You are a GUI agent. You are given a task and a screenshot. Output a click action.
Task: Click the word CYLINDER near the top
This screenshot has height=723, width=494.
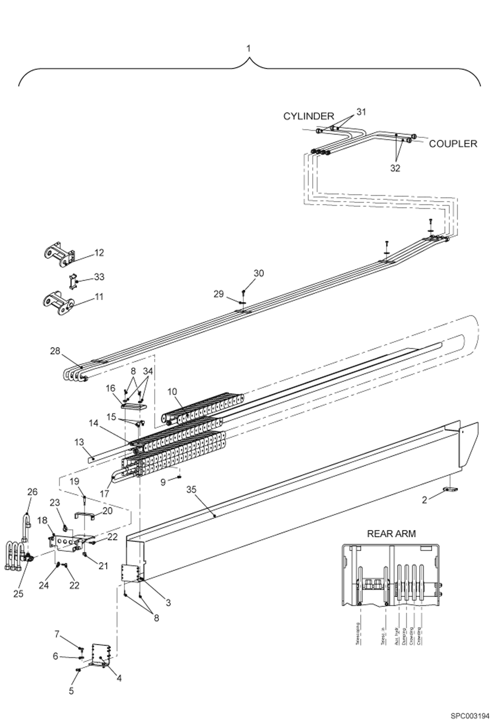coord(309,116)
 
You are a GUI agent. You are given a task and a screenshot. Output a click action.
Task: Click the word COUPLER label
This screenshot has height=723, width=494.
coord(453,144)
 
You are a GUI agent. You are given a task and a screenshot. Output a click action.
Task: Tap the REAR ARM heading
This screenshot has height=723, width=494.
coord(391,533)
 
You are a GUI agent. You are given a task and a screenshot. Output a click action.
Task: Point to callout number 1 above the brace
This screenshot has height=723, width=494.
coord(249,48)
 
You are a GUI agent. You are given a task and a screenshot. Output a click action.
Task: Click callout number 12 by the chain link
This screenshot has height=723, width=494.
coord(99,253)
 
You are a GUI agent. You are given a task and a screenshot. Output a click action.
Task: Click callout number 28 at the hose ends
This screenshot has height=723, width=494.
coord(55,351)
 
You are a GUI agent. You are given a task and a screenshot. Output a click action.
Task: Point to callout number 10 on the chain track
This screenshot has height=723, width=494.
coord(172,391)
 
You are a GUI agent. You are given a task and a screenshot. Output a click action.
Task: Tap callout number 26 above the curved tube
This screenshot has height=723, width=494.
coord(32,492)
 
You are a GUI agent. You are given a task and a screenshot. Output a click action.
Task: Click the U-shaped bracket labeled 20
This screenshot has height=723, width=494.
coord(84,516)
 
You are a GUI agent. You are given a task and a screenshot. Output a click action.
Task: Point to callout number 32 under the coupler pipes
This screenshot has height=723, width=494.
coord(395,168)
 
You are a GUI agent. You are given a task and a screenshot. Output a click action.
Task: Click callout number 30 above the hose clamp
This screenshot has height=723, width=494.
coord(259,273)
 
